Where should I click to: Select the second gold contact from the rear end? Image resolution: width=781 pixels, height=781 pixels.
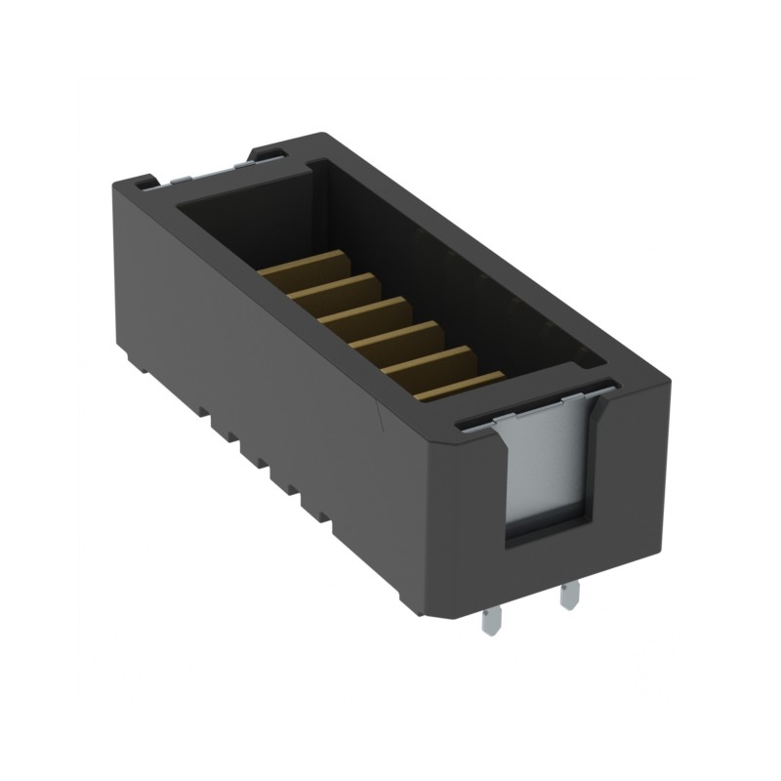337,288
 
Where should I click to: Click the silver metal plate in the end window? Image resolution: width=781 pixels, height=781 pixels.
547,469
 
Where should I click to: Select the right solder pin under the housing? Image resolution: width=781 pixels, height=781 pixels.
569,593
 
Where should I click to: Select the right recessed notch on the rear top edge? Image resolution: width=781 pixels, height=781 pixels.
266,150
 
